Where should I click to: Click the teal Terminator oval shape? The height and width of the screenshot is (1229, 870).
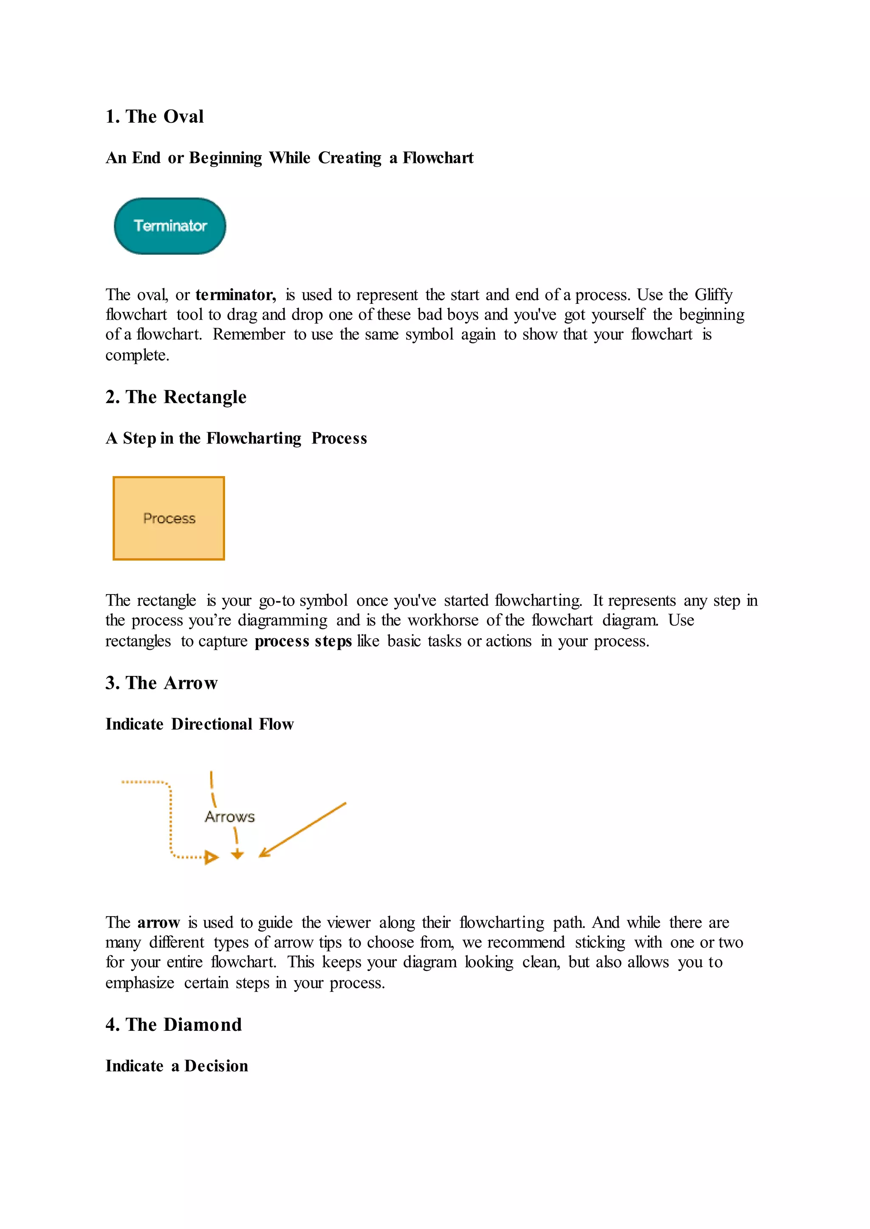click(170, 226)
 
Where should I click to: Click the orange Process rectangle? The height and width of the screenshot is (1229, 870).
click(169, 518)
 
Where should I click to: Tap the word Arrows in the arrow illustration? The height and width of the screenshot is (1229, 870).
click(229, 817)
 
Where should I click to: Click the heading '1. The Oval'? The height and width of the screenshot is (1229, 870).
click(154, 117)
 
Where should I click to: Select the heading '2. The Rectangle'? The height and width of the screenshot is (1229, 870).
click(176, 397)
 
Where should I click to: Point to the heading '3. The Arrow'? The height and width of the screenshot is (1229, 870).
click(161, 683)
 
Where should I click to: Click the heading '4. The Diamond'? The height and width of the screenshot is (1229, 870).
click(174, 1024)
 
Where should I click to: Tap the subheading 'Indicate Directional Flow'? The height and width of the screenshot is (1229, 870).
click(199, 724)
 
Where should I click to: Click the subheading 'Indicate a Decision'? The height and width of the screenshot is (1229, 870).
click(177, 1066)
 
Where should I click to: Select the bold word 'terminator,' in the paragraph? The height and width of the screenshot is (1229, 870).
click(236, 295)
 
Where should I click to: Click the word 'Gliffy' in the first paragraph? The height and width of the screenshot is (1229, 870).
click(713, 295)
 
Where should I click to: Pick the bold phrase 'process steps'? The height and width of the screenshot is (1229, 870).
click(303, 641)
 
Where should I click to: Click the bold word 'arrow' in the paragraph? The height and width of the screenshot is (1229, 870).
click(158, 923)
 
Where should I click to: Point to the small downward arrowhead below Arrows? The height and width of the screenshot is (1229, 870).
click(237, 855)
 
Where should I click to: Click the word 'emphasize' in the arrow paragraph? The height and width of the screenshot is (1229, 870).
click(140, 983)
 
